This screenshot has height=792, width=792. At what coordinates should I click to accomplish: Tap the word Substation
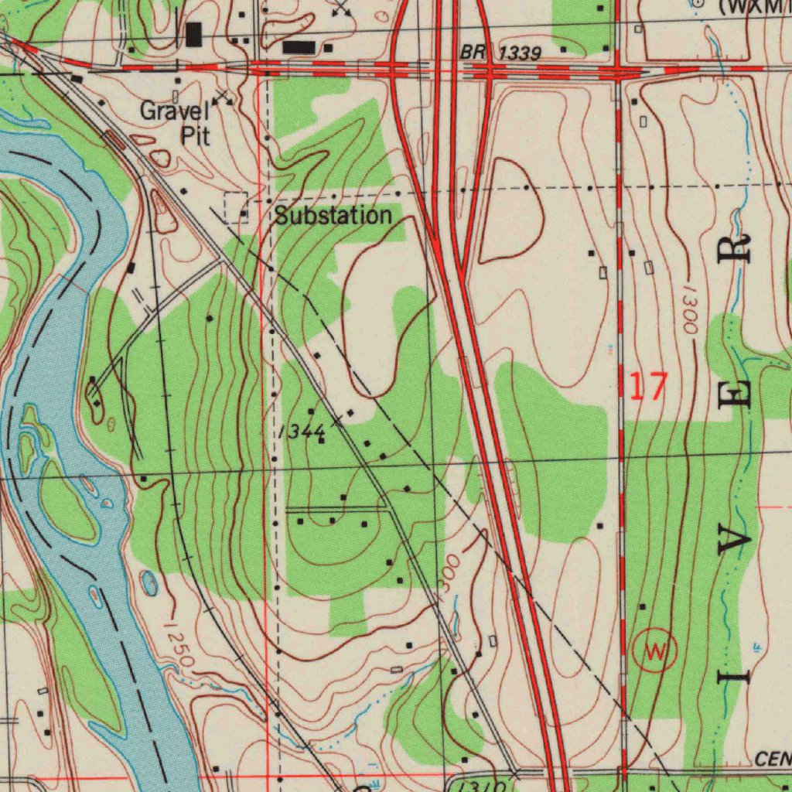(x=333, y=216)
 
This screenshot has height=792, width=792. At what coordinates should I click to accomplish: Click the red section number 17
(x=647, y=386)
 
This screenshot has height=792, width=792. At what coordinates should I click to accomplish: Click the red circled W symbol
(x=654, y=651)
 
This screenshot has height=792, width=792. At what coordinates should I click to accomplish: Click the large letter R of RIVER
(x=736, y=249)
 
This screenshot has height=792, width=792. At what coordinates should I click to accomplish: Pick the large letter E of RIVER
(x=736, y=394)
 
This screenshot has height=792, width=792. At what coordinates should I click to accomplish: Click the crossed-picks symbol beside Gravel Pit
(x=223, y=97)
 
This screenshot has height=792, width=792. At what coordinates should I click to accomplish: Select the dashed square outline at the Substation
(x=236, y=207)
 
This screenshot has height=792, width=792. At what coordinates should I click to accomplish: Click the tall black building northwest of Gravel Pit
(x=193, y=34)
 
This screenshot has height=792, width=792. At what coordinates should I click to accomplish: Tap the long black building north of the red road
(x=299, y=47)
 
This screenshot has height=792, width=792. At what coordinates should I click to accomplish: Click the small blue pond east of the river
(x=150, y=583)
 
